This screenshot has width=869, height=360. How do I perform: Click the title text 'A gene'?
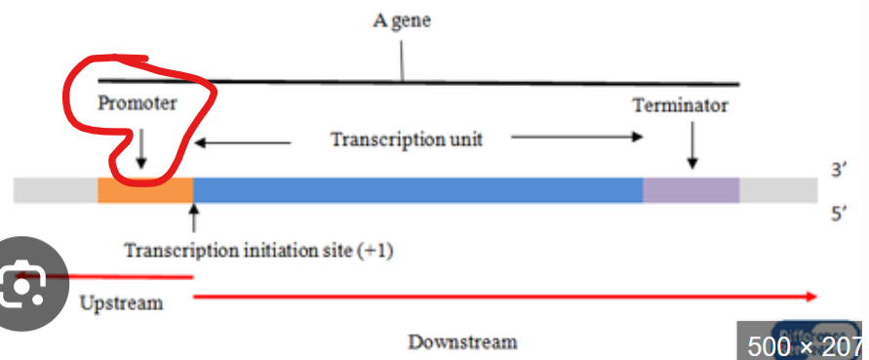[x=401, y=20]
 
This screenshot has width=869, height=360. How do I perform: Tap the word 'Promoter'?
[x=138, y=102]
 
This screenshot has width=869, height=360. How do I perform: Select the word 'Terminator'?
[x=680, y=104]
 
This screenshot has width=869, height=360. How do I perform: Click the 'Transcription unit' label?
[x=407, y=139]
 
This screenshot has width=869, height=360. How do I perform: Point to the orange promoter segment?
[x=145, y=189]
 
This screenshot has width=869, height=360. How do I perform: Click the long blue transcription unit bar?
[x=417, y=189]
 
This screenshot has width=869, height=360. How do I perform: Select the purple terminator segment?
[x=691, y=189]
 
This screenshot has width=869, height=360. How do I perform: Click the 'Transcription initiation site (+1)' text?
[x=258, y=250]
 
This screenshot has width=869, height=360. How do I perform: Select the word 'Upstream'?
[x=121, y=302]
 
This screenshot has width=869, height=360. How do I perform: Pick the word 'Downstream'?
[x=462, y=341]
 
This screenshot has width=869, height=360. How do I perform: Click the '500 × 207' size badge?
[x=804, y=345]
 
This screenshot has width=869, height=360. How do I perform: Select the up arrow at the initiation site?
[x=194, y=217]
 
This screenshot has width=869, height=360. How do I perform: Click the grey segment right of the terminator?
[x=778, y=189]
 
